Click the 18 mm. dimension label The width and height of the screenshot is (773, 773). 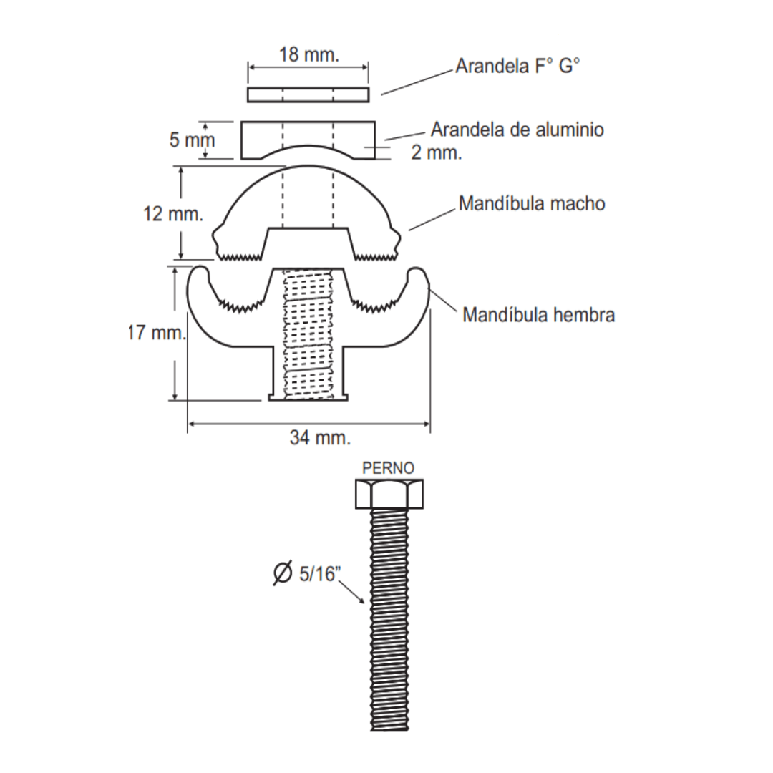[x=309, y=55]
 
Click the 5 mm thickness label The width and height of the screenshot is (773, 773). [x=192, y=140]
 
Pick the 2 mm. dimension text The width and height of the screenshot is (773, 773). [x=437, y=152]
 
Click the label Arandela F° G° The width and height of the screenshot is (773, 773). [x=517, y=68]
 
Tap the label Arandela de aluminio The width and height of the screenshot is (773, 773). [x=517, y=130]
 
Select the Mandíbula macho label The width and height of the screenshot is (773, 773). [x=531, y=204]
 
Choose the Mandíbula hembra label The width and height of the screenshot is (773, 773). [x=538, y=315]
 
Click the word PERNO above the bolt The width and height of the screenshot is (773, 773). [x=388, y=469]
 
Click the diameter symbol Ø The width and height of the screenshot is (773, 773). [x=283, y=573]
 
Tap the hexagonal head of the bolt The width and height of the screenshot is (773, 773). [x=389, y=494]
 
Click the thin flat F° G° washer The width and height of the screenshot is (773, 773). [x=308, y=94]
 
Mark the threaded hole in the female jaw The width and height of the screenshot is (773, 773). [x=308, y=333]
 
